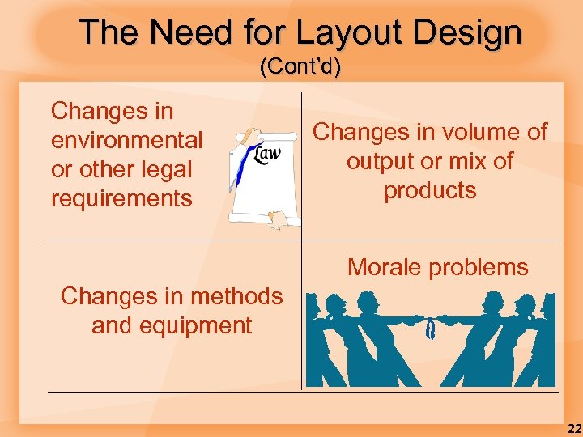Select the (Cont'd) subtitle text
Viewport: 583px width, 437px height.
point(300,67)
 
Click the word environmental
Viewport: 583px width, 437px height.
point(127,140)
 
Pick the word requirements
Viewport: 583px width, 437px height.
point(121,198)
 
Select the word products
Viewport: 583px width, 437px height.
point(430,190)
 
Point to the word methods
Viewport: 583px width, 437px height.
point(235,296)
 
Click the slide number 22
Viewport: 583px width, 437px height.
point(572,428)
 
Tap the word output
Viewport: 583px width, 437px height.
point(381,161)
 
